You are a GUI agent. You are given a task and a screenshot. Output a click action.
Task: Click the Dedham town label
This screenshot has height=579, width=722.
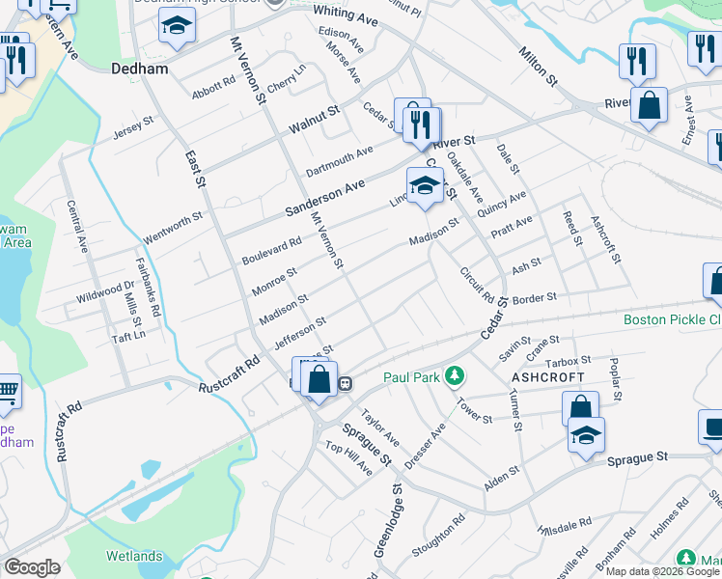pyautogui.click(x=140, y=69)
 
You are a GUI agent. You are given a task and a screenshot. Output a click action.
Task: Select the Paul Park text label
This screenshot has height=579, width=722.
pyautogui.click(x=415, y=377)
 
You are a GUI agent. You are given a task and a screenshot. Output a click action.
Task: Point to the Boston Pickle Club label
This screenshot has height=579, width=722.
pyautogui.click(x=672, y=319)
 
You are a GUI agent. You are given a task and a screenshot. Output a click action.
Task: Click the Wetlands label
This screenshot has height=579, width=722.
pyautogui.click(x=135, y=556)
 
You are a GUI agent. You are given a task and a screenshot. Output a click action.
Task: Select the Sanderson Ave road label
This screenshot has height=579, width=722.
pyautogui.click(x=325, y=196)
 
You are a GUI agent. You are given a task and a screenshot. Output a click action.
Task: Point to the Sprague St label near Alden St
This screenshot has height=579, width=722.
pyautogui.click(x=637, y=455)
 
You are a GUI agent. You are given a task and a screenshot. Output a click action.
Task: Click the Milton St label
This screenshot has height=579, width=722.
pyautogui.click(x=538, y=65)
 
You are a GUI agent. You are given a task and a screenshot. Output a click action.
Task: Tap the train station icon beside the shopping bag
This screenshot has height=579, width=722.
pyautogui.click(x=344, y=383)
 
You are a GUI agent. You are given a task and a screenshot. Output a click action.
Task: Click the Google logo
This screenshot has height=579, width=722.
pyautogui.click(x=33, y=567)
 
